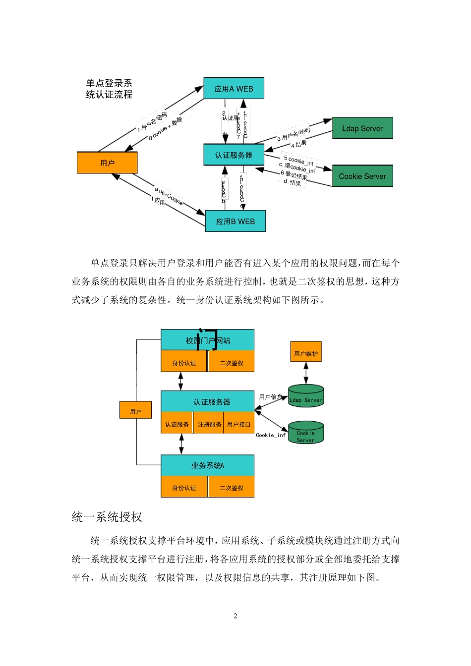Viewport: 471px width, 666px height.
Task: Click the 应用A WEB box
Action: (x=234, y=89)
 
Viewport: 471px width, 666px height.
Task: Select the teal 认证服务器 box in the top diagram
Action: (x=234, y=155)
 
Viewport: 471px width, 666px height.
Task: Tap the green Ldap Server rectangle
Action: (x=362, y=128)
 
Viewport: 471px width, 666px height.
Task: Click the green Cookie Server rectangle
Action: (x=362, y=176)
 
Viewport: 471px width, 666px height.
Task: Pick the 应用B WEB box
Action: (x=235, y=221)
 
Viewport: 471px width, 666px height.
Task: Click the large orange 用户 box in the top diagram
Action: (x=107, y=163)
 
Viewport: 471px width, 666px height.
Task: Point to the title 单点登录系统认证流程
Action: (x=109, y=89)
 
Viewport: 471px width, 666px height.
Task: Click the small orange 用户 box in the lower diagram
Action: (x=135, y=411)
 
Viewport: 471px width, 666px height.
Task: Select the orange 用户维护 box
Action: (x=306, y=353)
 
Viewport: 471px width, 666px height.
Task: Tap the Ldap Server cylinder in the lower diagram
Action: (x=306, y=397)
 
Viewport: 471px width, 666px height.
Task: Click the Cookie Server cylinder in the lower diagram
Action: (x=306, y=434)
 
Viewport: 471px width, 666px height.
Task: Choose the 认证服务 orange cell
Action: (x=177, y=424)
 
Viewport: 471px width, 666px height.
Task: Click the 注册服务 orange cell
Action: (x=209, y=424)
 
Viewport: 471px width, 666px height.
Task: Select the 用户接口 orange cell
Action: (x=239, y=424)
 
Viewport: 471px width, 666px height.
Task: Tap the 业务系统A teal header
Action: (x=208, y=465)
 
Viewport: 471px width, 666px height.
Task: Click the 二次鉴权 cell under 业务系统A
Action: (x=232, y=488)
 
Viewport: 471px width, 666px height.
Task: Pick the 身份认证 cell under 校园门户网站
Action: (x=184, y=363)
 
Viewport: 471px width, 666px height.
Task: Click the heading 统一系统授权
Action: (x=107, y=517)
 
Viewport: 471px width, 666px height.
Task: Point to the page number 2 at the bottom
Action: (x=235, y=616)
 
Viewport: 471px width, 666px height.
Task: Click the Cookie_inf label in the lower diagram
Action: (x=271, y=435)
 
